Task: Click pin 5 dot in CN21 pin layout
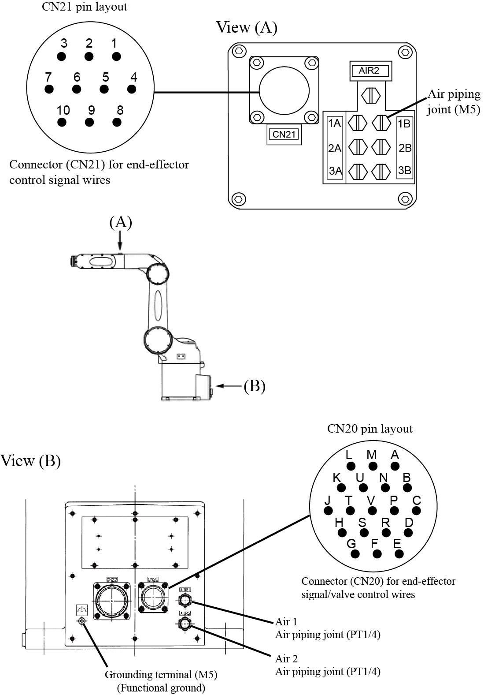[104, 89]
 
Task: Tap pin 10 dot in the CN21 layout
[62, 122]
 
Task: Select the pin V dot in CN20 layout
[372, 511]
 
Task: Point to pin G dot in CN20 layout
[355, 554]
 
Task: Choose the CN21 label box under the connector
[284, 134]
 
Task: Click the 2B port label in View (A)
[405, 148]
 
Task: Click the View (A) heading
[247, 27]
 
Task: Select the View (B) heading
[30, 460]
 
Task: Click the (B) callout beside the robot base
[255, 386]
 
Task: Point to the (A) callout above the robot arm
[121, 222]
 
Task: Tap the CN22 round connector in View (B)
[112, 601]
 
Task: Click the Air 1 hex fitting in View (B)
[185, 600]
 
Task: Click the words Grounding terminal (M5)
[161, 674]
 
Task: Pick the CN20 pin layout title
[370, 429]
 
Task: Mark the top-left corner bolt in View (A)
[238, 51]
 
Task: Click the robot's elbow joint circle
[158, 274]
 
